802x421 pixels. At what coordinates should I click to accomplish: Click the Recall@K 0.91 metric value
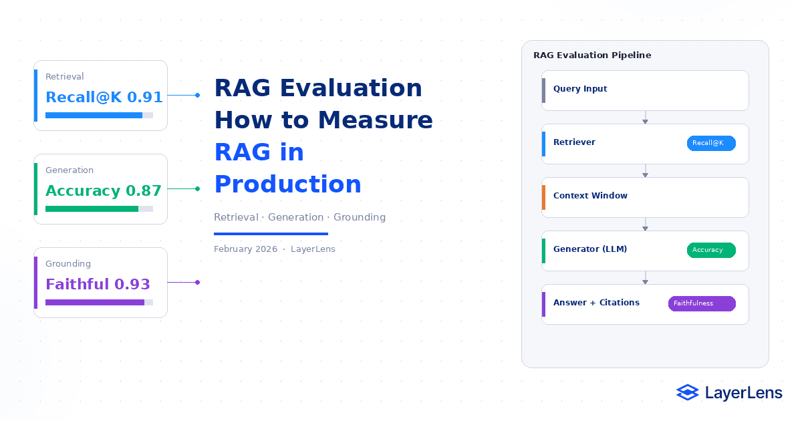click(104, 97)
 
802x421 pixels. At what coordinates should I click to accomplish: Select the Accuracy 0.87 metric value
click(104, 191)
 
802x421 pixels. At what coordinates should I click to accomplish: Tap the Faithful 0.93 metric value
click(98, 284)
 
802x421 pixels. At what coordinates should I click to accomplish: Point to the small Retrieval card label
click(64, 76)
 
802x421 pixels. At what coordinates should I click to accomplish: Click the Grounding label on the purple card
click(68, 263)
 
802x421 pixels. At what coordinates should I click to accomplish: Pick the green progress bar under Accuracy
click(92, 208)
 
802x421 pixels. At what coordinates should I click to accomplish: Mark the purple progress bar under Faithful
click(95, 303)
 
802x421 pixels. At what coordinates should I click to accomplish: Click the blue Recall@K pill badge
click(711, 143)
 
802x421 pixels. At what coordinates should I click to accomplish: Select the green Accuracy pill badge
click(711, 250)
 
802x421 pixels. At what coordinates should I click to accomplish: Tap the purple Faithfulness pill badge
click(702, 303)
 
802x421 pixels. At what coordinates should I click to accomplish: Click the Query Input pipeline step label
click(580, 89)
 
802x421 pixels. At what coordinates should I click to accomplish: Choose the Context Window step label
click(590, 195)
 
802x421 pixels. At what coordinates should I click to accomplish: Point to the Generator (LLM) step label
click(590, 249)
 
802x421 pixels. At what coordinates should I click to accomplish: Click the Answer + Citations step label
click(596, 303)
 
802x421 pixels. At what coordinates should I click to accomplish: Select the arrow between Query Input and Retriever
click(645, 118)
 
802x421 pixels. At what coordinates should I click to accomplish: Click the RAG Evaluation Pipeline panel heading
click(592, 55)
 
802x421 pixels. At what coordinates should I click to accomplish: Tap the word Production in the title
click(288, 184)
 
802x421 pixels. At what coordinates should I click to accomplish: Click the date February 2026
click(246, 249)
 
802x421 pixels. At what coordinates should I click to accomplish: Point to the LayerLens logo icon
click(688, 392)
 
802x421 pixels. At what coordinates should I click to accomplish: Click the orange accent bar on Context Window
click(543, 197)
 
